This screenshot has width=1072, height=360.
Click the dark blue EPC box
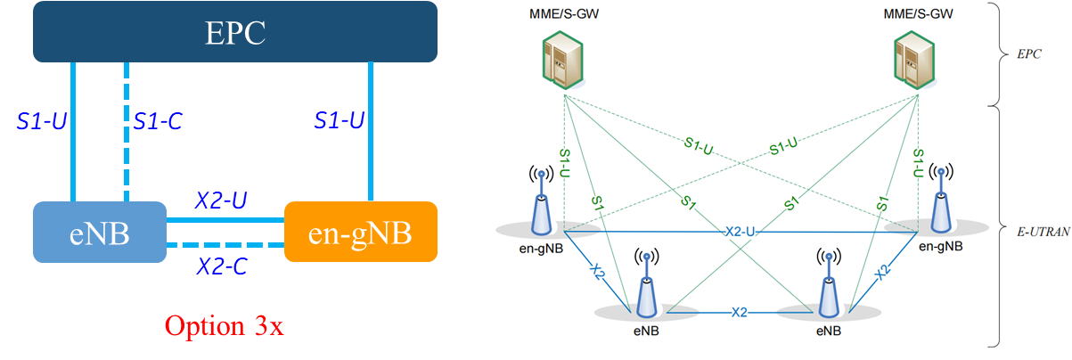pyautogui.click(x=235, y=32)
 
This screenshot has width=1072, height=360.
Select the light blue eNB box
pyautogui.click(x=99, y=232)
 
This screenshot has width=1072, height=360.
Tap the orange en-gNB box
pyautogui.click(x=360, y=232)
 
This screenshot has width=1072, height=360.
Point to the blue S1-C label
pyautogui.click(x=159, y=120)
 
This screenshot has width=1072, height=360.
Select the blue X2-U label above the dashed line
pyautogui.click(x=221, y=201)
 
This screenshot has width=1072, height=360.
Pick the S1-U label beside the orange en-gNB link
pyautogui.click(x=339, y=120)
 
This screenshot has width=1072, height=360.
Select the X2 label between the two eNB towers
pyautogui.click(x=740, y=313)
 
